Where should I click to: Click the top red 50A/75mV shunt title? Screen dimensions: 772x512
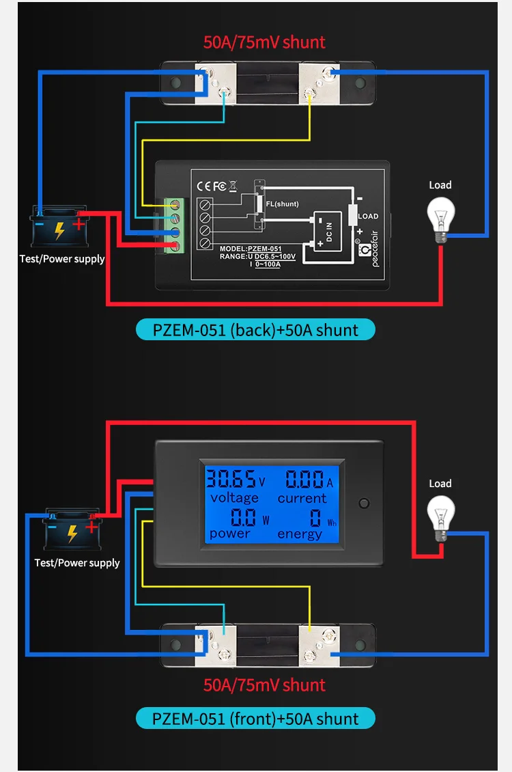point(264,42)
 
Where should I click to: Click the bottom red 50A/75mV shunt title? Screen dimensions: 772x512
point(264,685)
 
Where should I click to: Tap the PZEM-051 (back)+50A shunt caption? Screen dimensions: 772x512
point(255,330)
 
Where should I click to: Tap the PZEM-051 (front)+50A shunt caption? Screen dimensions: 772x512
point(255,719)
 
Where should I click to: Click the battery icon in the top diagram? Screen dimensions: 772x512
point(59,227)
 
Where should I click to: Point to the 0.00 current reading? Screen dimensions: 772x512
point(304,479)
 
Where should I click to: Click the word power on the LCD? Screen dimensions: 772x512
point(230,533)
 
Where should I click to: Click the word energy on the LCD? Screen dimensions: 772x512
point(300,534)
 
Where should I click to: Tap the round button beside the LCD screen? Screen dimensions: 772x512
point(364,504)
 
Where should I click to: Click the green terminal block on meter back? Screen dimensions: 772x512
point(177,225)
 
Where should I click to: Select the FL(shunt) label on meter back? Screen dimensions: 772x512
point(283,204)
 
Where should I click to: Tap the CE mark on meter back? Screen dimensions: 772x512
point(204,185)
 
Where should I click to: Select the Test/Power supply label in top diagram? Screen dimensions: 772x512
point(62,259)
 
